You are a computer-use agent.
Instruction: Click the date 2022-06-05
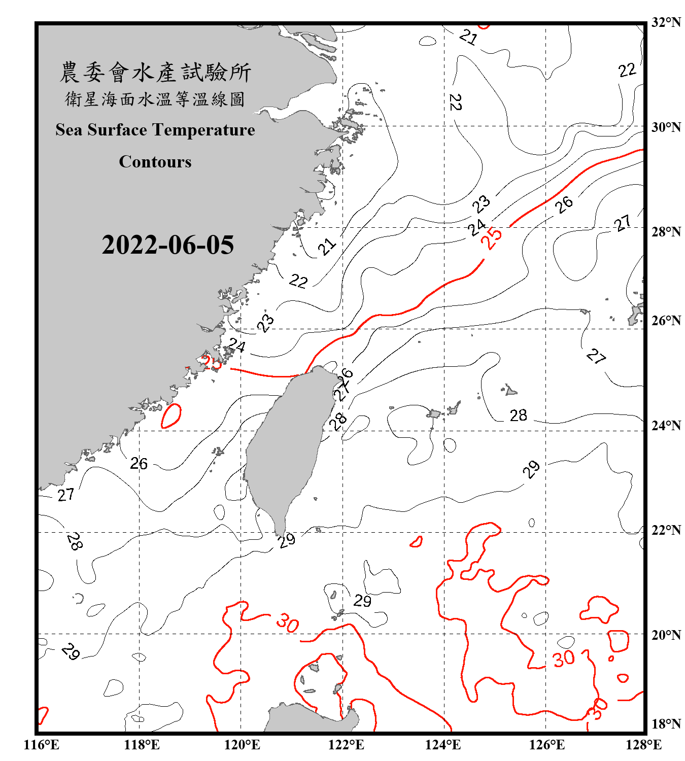tap(167, 245)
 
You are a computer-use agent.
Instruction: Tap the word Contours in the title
tap(155, 162)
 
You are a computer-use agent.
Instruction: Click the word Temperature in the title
tap(203, 130)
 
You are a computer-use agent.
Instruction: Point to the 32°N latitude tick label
tap(666, 22)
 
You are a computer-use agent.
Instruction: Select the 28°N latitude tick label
tap(666, 232)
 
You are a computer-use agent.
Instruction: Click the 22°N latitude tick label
tap(666, 530)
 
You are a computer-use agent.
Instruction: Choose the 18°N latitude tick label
tap(666, 724)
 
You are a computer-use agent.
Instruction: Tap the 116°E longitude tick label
tap(42, 745)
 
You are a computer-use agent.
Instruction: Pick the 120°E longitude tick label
tap(242, 745)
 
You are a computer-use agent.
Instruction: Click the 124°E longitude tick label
tap(443, 745)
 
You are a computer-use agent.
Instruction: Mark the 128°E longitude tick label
tap(643, 745)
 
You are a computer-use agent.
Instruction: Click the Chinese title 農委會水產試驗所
tap(155, 72)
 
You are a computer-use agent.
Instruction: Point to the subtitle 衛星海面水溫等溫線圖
tap(155, 99)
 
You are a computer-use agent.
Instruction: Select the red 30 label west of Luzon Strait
tap(288, 623)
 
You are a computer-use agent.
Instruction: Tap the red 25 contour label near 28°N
tap(491, 237)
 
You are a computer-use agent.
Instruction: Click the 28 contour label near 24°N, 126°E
tap(518, 416)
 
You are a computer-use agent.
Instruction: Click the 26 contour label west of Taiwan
tap(139, 464)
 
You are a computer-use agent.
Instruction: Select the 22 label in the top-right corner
tap(627, 70)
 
